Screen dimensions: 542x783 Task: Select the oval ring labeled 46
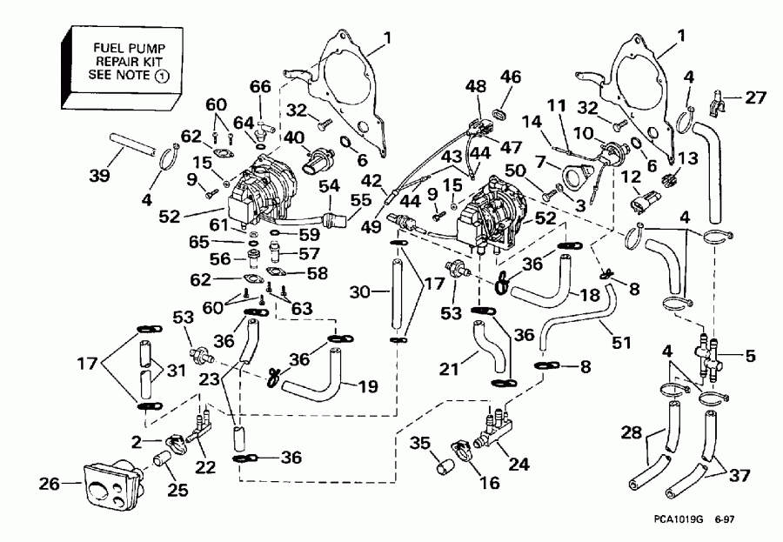[501, 114]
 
